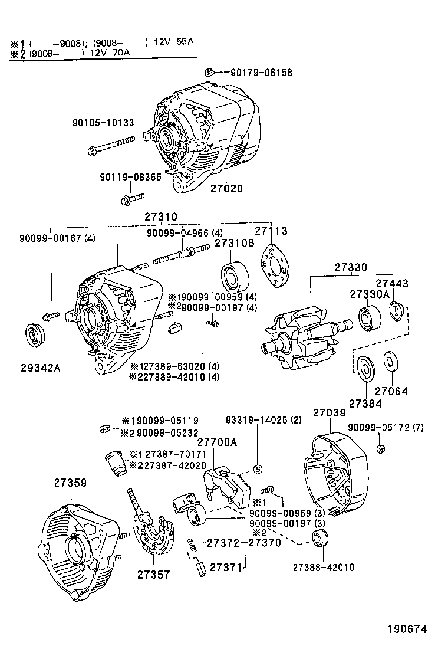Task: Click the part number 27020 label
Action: pyautogui.click(x=226, y=189)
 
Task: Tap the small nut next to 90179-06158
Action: pyautogui.click(x=208, y=73)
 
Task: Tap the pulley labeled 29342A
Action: pyautogui.click(x=37, y=336)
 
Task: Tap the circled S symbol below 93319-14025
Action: pyautogui.click(x=257, y=470)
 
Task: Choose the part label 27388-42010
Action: pyautogui.click(x=324, y=568)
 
